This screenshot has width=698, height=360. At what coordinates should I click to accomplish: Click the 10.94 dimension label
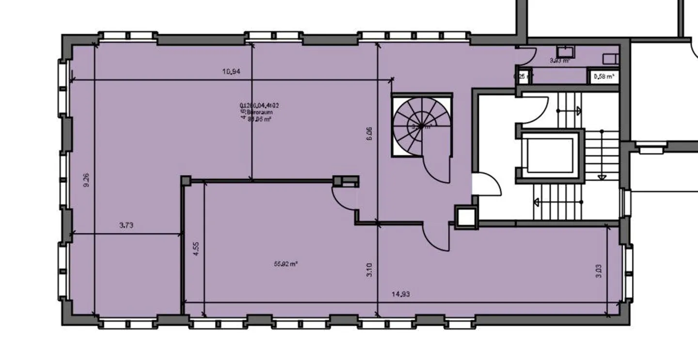(x=231, y=72)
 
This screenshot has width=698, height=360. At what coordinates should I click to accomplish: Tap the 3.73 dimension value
(x=126, y=225)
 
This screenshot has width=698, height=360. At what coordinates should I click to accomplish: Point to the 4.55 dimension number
(x=195, y=249)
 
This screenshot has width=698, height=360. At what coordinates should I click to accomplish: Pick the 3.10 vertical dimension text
(x=369, y=269)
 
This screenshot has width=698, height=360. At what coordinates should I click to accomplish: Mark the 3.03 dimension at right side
(x=599, y=271)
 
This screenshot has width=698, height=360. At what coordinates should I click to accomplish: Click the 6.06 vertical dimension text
(x=369, y=133)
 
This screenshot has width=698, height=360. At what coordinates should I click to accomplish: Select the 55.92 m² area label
(x=286, y=264)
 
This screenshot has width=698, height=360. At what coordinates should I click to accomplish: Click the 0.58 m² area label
(x=603, y=77)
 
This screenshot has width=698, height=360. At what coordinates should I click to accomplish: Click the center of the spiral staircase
(x=421, y=126)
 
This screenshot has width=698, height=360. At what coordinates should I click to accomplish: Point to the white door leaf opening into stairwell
(x=486, y=185)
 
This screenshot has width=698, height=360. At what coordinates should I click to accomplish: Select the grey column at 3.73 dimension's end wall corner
(x=186, y=180)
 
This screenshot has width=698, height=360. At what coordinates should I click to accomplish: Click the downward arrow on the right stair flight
(x=602, y=176)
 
